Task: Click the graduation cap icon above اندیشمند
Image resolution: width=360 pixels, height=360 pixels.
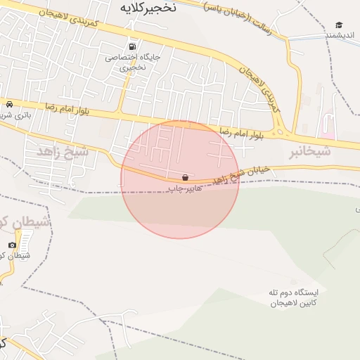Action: (x=339, y=25)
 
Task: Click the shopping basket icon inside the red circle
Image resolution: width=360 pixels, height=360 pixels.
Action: (x=185, y=178)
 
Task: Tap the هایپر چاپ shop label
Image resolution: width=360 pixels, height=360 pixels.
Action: (x=182, y=189)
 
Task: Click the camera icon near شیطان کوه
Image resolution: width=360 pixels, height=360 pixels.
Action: (x=12, y=245)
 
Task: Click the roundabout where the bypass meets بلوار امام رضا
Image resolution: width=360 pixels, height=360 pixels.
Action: (x=281, y=130)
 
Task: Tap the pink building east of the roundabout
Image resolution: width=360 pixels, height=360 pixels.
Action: (x=326, y=131)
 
